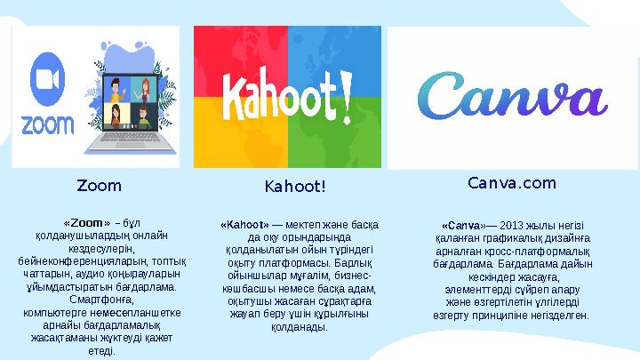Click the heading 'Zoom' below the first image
[99, 187]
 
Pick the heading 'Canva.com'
[511, 184]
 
